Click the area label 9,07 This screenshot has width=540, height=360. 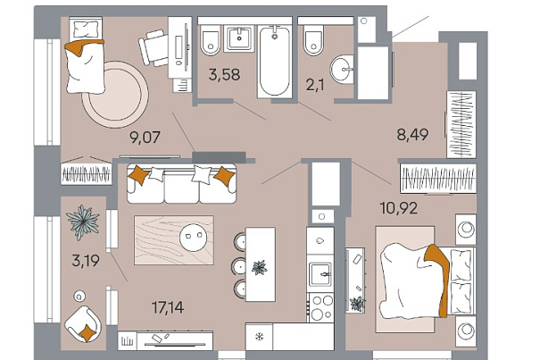coord(145,138)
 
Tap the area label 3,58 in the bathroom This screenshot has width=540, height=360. coord(224,75)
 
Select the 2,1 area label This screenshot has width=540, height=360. coord(315,85)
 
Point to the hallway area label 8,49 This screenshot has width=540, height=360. coord(412,135)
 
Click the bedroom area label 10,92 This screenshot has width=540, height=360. coord(398,208)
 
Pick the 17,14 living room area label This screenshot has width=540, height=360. coord(168,307)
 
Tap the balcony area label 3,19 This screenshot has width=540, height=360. coord(86,261)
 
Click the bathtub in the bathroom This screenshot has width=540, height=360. coord(275,62)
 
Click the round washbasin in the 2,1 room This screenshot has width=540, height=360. coord(342,70)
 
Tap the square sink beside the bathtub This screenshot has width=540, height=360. coord(239,38)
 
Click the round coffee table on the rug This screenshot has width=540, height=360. coord(193,237)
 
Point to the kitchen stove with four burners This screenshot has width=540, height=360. coord(320,307)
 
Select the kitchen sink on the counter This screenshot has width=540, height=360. coord(320,273)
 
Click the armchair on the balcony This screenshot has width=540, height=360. coord(83,324)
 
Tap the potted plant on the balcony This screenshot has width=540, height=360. coord(83,222)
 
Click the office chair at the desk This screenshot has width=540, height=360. coord(154,47)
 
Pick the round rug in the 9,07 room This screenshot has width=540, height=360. coord(116,95)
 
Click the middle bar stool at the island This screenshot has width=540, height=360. coord(239,265)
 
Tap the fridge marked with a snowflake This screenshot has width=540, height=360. coord(260,337)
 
